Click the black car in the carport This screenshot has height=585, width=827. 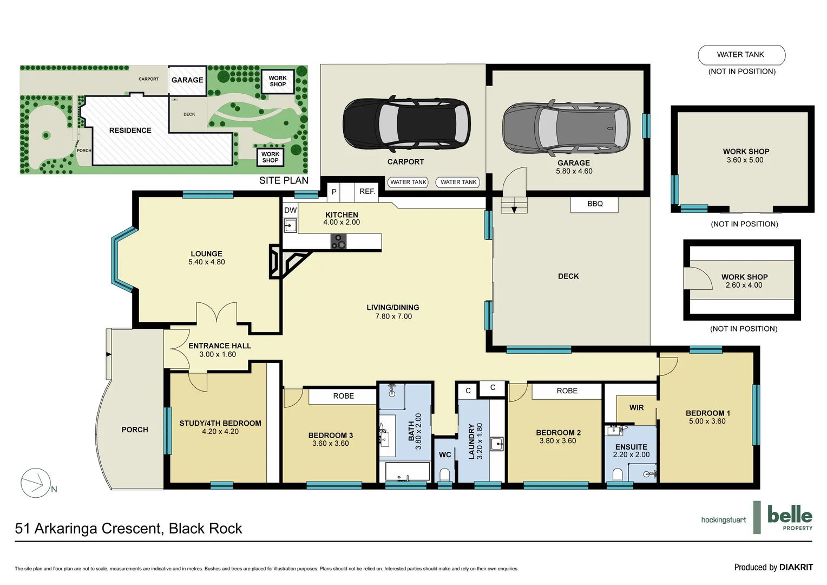pos(406,124)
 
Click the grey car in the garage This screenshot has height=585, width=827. pos(566,128)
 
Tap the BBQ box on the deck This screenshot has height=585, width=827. pos(594,204)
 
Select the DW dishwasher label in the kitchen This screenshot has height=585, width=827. pos(291,210)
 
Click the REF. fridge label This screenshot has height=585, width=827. pos(367,192)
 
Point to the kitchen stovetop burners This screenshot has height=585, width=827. pos(339,241)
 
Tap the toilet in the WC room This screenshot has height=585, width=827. pos(445,475)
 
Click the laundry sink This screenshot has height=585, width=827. pos(497,444)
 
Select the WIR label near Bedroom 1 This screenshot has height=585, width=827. pos(636,408)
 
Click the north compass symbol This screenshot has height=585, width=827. pos(36,483)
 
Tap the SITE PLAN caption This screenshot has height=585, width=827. pos(284,180)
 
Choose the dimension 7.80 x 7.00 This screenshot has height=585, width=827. pos(393,316)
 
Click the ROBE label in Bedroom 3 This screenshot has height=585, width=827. pos(343,396)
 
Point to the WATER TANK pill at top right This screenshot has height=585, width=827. pos(741,55)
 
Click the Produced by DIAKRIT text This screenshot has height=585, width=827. pos(773,567)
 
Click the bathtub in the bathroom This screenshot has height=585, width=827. pos(408,471)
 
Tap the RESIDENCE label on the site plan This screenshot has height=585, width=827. pos(130,131)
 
